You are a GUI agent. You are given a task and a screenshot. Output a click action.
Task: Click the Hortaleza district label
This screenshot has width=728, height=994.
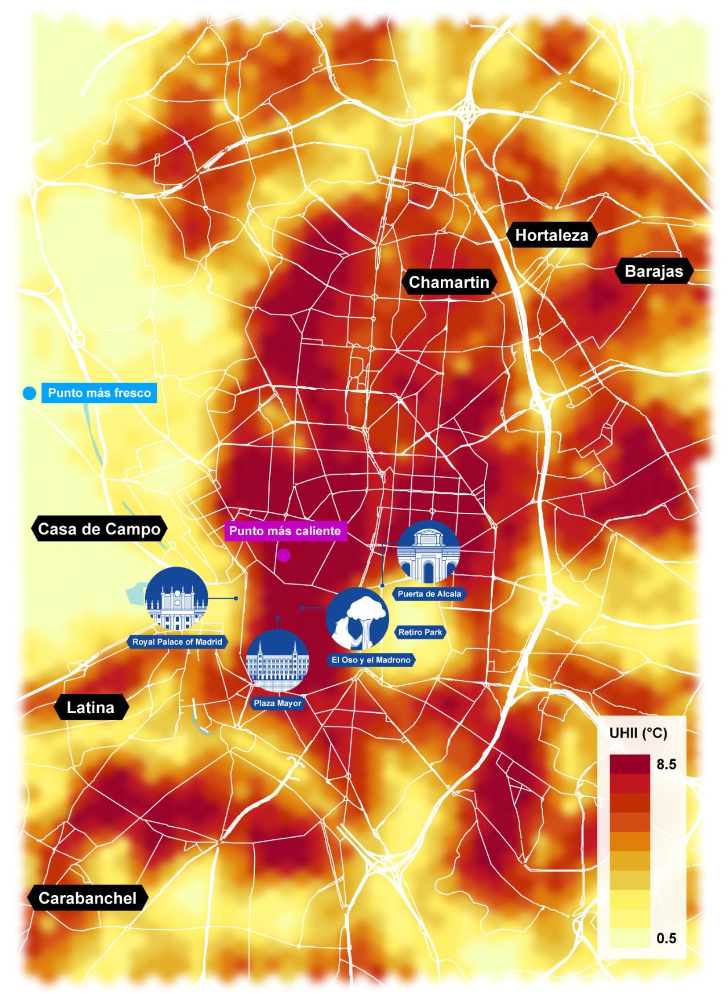pyautogui.click(x=552, y=235)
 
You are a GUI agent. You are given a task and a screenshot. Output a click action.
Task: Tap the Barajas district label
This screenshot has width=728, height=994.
pyautogui.click(x=653, y=271)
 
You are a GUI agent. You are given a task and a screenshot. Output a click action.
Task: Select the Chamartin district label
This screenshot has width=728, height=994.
pyautogui.click(x=449, y=282)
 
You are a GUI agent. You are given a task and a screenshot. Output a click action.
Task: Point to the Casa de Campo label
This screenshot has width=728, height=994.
pyautogui.click(x=99, y=529)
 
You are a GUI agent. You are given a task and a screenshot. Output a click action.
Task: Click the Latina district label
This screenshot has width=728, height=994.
pyautogui.click(x=90, y=707)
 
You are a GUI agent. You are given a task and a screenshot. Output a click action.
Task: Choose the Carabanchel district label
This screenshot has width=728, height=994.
pyautogui.click(x=88, y=898)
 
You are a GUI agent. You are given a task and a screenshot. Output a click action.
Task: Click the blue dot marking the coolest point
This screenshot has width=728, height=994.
pyautogui.click(x=30, y=393)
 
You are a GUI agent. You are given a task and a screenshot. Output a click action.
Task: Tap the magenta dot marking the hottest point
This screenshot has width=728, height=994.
pyautogui.click(x=283, y=556)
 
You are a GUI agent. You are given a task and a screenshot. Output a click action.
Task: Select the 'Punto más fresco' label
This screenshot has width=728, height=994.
pyautogui.click(x=100, y=393)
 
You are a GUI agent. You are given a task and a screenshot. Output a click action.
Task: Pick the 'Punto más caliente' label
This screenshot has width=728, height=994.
pyautogui.click(x=285, y=531)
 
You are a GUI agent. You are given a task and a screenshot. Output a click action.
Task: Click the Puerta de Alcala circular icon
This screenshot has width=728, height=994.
pyautogui.click(x=428, y=552)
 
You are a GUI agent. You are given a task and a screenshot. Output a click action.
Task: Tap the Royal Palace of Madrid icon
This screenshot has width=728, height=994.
pyautogui.click(x=176, y=598)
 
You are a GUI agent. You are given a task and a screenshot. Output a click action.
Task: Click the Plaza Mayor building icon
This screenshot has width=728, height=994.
pyautogui.click(x=278, y=661)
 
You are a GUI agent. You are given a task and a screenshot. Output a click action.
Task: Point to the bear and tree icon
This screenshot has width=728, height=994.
pyautogui.click(x=357, y=619)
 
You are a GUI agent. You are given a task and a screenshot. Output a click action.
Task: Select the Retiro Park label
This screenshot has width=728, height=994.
pyautogui.click(x=420, y=632)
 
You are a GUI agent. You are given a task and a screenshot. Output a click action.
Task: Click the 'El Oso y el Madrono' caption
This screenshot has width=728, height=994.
pyautogui.click(x=371, y=660)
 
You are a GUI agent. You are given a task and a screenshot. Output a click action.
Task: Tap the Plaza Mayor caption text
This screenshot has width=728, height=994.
pyautogui.click(x=278, y=703)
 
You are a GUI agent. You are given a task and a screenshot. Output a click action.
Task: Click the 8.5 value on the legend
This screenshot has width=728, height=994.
pyautogui.click(x=666, y=764)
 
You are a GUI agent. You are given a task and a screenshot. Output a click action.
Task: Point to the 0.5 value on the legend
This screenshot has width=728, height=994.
pyautogui.click(x=666, y=938)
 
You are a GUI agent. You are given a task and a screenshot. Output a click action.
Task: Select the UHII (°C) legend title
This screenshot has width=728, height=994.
pyautogui.click(x=638, y=733)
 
